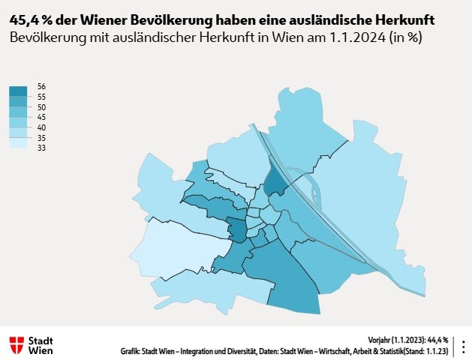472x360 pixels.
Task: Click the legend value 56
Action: click(x=41, y=87)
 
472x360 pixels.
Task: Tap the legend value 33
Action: click(x=41, y=148)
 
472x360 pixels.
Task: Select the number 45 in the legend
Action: click(x=41, y=118)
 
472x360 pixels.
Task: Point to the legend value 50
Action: click(x=41, y=107)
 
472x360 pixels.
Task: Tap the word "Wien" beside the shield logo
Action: click(x=41, y=350)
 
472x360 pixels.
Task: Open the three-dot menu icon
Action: click(x=462, y=346)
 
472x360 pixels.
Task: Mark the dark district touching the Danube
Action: click(x=275, y=181)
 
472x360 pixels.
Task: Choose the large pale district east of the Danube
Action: click(x=360, y=195)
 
